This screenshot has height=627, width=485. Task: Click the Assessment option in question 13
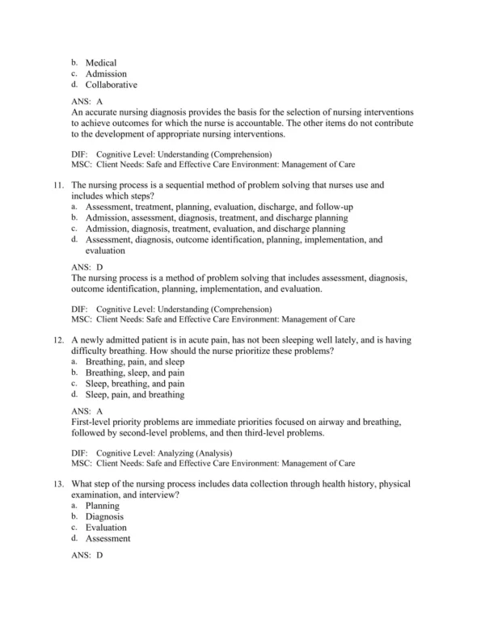(108, 538)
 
